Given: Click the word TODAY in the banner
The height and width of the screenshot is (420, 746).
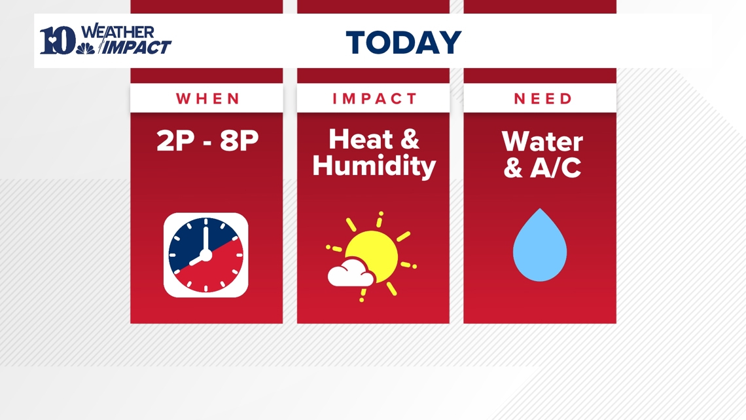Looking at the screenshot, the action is (x=404, y=43).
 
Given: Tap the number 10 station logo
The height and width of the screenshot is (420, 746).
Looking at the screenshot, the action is (x=57, y=41).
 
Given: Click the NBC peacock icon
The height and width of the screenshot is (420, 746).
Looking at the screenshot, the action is (x=86, y=48).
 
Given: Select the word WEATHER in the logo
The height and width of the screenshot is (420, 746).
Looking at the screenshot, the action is (x=118, y=32).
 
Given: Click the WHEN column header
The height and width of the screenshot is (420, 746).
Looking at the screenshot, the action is (x=207, y=98).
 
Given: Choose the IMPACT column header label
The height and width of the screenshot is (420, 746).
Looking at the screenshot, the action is (x=374, y=98).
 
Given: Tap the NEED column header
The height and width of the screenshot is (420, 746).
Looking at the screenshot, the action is (x=543, y=98).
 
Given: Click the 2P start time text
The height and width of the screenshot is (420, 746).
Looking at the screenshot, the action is (x=175, y=141).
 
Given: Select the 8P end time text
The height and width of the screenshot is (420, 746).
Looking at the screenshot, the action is (x=240, y=141).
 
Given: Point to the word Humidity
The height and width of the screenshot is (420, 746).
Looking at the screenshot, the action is (x=374, y=166).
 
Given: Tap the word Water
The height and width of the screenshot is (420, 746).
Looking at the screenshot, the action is (x=542, y=142).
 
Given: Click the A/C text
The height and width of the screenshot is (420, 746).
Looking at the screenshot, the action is (x=556, y=168).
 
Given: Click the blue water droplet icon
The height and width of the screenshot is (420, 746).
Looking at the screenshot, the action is (x=540, y=246).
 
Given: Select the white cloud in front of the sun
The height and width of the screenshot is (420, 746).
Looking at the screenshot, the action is (x=351, y=273).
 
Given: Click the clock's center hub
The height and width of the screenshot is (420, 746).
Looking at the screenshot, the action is (x=206, y=255).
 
